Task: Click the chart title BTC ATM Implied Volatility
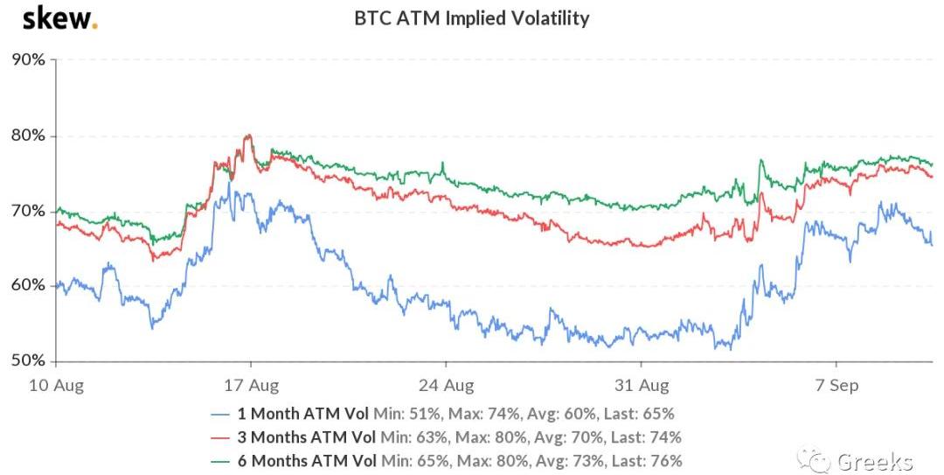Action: (471, 17)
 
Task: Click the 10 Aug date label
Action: (56, 386)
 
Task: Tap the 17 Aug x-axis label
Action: (251, 386)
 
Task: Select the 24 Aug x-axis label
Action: (446, 386)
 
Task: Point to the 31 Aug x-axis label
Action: (641, 386)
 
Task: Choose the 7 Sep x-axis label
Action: (836, 386)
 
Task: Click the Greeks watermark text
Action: (875, 460)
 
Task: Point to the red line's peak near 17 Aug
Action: (249, 136)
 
